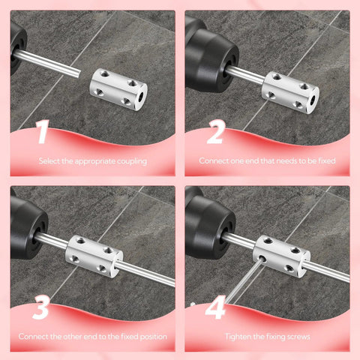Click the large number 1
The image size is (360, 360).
coord(42,133)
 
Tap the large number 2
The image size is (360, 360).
coord(216,133)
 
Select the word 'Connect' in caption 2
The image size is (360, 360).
coord(214,161)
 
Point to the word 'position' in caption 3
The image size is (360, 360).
coord(149,337)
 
